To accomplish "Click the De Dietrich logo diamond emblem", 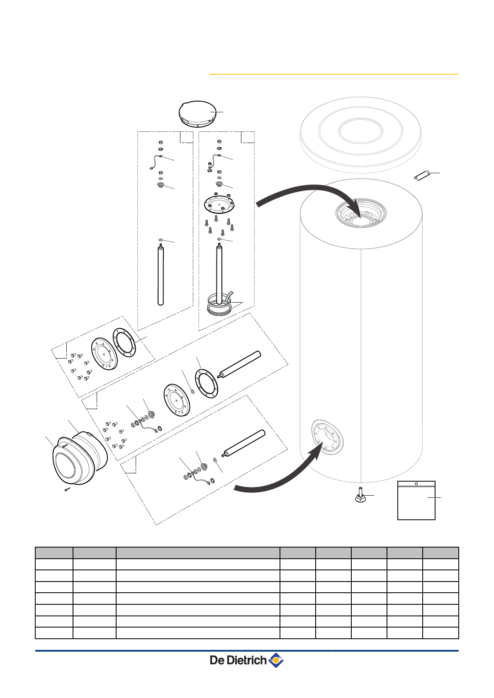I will [276, 660].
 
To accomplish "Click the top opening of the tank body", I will [360, 216].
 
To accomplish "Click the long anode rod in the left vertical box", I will [161, 276].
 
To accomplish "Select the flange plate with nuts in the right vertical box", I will [219, 204].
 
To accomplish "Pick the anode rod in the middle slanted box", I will [240, 364].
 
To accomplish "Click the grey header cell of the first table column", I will [54, 553].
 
